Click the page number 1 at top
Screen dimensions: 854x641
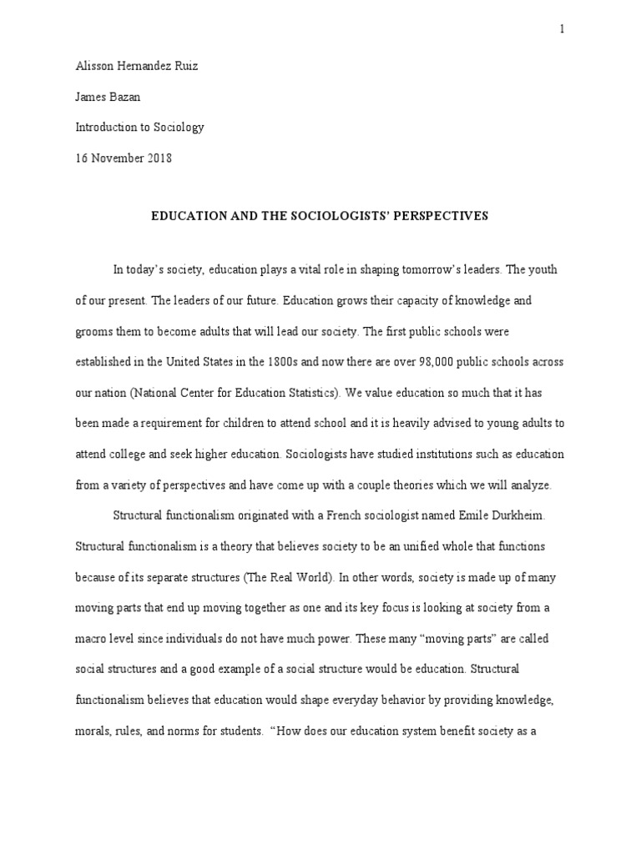pyautogui.click(x=562, y=29)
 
